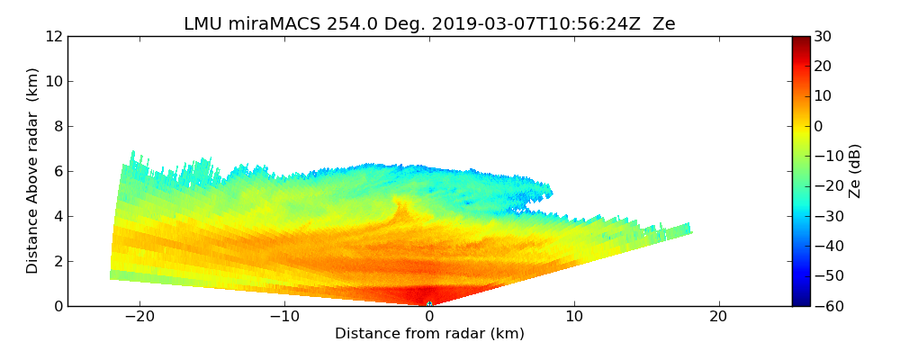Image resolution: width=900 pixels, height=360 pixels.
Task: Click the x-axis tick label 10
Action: point(574,318)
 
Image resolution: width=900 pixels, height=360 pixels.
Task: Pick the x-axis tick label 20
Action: point(718,318)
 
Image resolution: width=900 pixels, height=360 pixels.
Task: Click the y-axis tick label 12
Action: point(54,37)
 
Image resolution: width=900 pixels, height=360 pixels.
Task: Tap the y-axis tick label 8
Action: point(58,127)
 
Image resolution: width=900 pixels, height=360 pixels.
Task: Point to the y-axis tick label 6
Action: point(58,172)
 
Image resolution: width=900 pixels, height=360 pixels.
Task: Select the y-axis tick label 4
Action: point(58,217)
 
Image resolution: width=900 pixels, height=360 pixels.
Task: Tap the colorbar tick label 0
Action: point(820,127)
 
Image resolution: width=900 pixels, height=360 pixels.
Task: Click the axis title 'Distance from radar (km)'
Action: point(429,334)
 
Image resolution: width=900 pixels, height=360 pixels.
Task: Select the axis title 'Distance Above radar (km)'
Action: point(33,171)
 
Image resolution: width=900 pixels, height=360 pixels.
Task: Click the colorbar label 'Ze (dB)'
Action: point(854,171)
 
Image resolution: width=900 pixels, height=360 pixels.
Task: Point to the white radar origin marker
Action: point(429,304)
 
